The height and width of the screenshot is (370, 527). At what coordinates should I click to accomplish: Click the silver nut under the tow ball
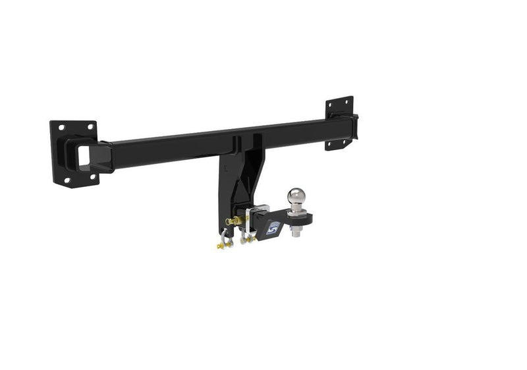point(296,232)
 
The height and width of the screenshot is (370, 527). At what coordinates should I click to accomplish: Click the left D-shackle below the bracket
point(223,244)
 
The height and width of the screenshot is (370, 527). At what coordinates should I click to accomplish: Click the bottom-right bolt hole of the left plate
point(93,176)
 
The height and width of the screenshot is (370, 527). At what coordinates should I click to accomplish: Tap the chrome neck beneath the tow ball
point(296,209)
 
